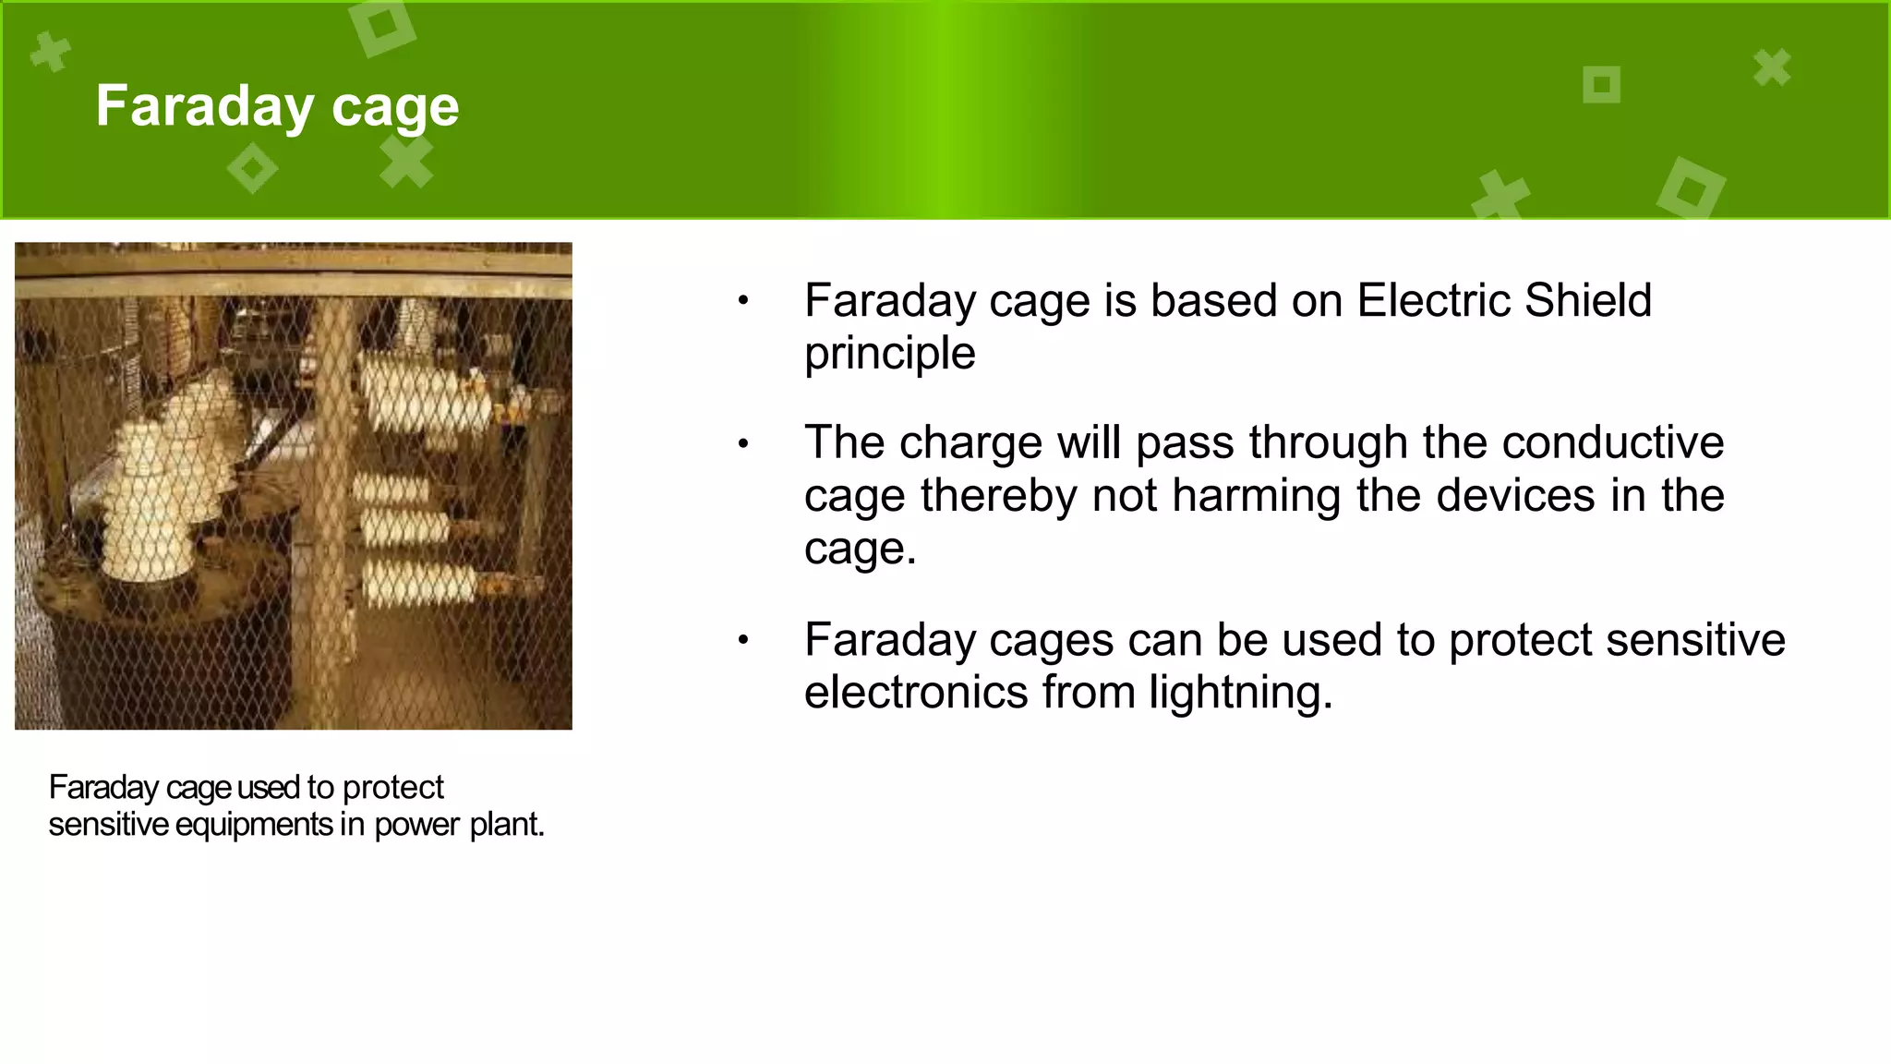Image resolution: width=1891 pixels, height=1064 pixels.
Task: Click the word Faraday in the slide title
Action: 204,106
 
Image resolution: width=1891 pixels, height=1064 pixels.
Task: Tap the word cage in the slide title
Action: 394,108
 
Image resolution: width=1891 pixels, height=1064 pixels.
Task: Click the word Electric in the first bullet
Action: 1433,301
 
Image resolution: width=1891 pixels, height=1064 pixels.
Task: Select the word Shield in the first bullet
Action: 1587,301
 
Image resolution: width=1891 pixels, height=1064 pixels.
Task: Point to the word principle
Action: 889,355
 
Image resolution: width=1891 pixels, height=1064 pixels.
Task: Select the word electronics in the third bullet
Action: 915,693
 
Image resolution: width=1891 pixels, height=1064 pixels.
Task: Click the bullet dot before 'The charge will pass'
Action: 742,444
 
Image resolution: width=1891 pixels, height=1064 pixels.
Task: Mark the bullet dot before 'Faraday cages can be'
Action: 742,640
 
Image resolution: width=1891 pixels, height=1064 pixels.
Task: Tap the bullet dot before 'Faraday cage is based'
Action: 742,300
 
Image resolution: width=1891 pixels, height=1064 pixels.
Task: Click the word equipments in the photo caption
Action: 253,825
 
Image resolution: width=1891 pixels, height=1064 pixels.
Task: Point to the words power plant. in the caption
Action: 459,825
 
